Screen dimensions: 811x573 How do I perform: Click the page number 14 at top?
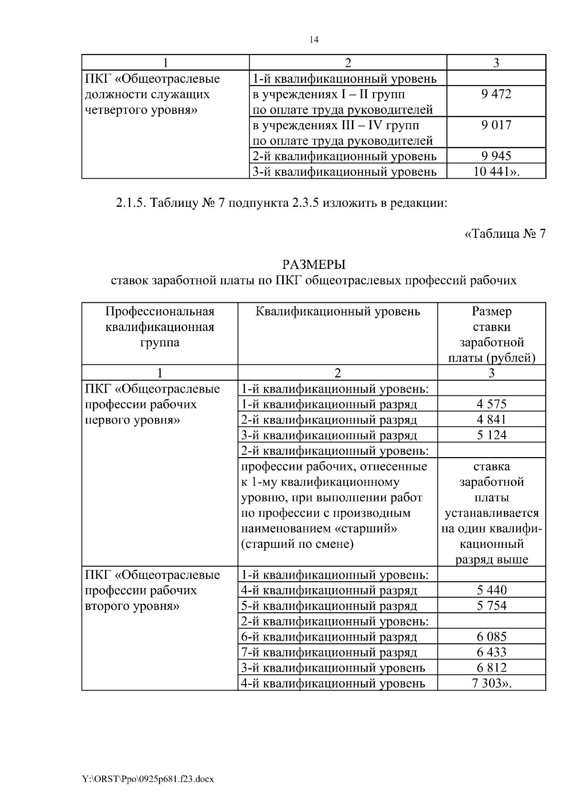(314, 40)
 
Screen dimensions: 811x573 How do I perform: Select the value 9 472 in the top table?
(496, 94)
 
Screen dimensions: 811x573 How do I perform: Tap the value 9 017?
(496, 125)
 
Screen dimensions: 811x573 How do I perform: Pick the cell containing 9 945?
(496, 156)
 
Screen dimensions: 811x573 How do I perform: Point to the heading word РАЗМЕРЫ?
(313, 264)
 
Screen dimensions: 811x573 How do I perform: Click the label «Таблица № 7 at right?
(505, 234)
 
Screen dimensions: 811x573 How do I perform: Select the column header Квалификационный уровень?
(338, 311)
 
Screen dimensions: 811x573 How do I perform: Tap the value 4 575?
(491, 404)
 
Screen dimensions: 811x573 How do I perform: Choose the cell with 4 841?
(491, 419)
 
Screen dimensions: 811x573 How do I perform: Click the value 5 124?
(491, 435)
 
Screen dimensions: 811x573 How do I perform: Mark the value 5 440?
(491, 590)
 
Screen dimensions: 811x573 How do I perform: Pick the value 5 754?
(491, 606)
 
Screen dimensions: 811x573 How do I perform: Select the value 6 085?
(491, 637)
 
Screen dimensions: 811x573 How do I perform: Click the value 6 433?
(491, 652)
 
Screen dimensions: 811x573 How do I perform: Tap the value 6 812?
(491, 668)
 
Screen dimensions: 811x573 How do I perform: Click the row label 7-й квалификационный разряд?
(329, 652)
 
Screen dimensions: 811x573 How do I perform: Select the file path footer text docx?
(204, 779)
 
